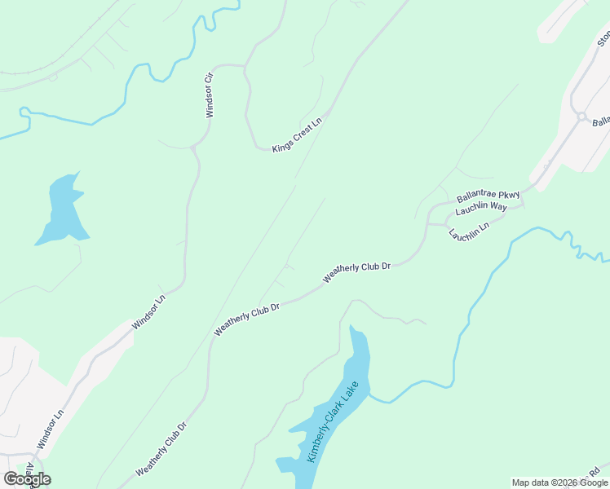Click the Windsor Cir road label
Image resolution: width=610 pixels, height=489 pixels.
coord(210,95)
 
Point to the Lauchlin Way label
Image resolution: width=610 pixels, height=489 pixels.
coord(481,208)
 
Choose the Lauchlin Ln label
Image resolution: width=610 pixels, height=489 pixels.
coord(469,231)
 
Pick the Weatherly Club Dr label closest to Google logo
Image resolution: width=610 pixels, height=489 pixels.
coord(161,448)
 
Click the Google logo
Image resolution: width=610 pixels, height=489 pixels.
coord(27,479)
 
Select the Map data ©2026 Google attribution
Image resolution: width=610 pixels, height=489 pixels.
coord(559,482)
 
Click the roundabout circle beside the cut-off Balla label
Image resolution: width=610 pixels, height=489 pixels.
coord(581,117)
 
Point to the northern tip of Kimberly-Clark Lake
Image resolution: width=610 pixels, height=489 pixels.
coord(352,328)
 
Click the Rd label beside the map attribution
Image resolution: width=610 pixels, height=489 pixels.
coord(595,471)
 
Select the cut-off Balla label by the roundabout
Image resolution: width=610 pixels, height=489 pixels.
coord(601,122)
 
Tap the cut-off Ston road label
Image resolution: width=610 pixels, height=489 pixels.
coord(603,38)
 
